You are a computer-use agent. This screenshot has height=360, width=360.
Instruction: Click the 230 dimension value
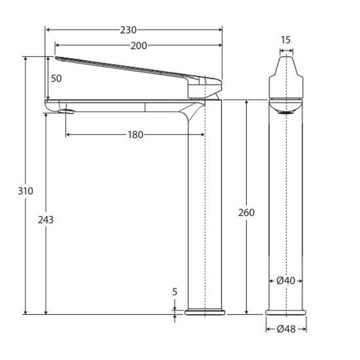coord(128,30)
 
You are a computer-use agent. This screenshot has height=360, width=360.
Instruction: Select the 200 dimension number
coord(139,46)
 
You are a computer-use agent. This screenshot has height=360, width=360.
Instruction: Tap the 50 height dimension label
coord(56,79)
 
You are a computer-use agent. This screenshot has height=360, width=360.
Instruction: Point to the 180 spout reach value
coord(135,135)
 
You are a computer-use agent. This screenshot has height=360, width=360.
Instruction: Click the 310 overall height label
coord(26,191)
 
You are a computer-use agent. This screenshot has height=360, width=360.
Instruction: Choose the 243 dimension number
coord(46,220)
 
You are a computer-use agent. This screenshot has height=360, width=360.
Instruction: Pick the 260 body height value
coord(246,212)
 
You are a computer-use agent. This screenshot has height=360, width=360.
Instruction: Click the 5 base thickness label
coord(175,292)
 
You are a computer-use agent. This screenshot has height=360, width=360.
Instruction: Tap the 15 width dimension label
coord(286,40)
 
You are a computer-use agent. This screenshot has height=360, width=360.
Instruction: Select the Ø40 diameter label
coord(286,281)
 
